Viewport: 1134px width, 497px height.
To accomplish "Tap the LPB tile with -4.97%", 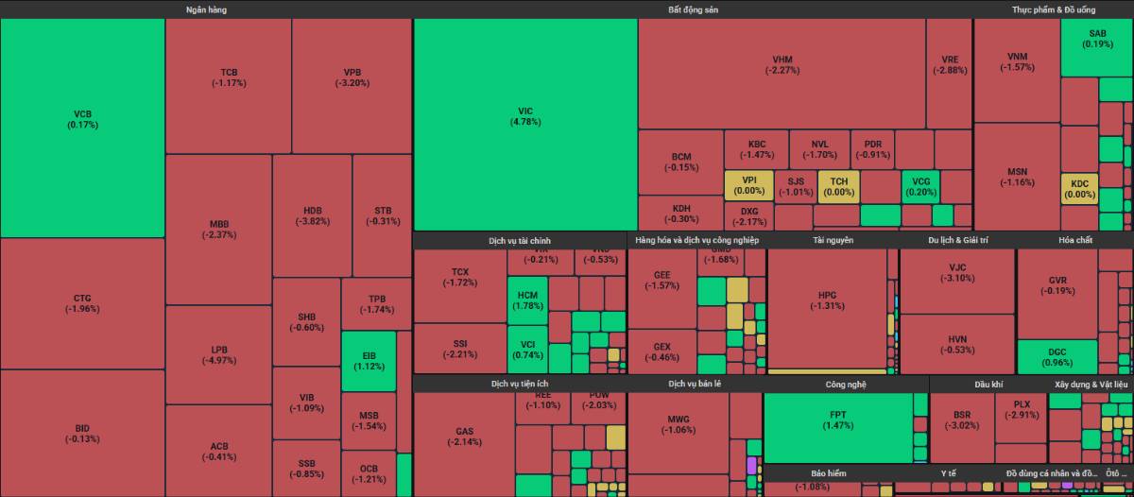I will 219,354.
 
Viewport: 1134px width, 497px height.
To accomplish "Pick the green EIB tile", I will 369,361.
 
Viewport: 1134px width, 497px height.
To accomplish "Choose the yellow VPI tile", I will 749,185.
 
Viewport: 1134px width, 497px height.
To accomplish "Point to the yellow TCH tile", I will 839,185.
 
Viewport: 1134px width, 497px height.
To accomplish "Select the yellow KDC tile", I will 1079,189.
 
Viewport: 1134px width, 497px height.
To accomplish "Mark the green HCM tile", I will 527,300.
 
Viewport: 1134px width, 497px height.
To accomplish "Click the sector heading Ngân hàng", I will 206,9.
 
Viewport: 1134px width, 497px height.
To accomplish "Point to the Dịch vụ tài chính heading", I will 520,240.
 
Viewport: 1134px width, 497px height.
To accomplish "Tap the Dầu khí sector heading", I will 988,385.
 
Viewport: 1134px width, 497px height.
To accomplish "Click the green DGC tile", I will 1057,357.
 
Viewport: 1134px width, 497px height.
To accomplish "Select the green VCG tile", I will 920,185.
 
